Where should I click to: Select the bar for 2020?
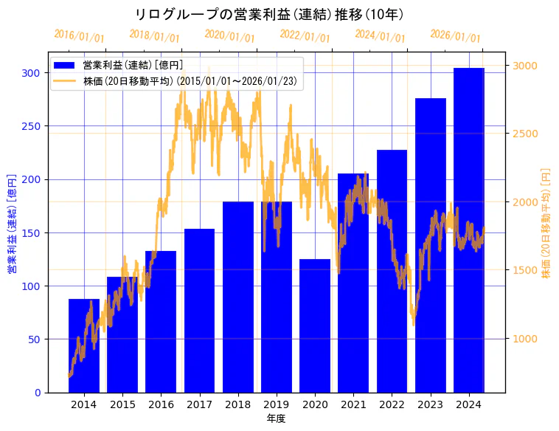pyautogui.click(x=315, y=325)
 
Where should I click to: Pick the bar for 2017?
pyautogui.click(x=199, y=311)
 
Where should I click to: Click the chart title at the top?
pyautogui.click(x=270, y=14)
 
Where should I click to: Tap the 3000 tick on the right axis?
pyautogui.click(x=525, y=66)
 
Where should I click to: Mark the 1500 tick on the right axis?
pyautogui.click(x=525, y=270)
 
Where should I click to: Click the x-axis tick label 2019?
pyautogui.click(x=277, y=404)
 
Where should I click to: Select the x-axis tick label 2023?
pyautogui.click(x=431, y=404)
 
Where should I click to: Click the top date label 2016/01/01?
pyautogui.click(x=80, y=35)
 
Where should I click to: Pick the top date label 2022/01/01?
pyautogui.click(x=305, y=35)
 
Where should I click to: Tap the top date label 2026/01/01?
pyautogui.click(x=455, y=35)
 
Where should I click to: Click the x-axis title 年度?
pyautogui.click(x=276, y=418)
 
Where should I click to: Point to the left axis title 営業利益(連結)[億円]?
pyautogui.click(x=12, y=224)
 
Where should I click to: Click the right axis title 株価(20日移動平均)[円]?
pyautogui.click(x=546, y=224)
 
